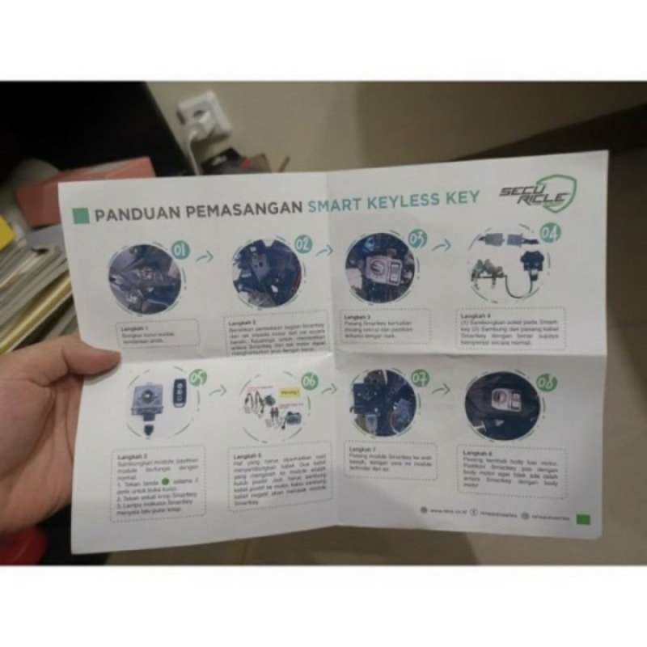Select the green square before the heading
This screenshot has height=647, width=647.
click(80, 215)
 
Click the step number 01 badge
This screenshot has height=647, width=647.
click(181, 250)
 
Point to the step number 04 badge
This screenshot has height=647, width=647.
click(550, 233)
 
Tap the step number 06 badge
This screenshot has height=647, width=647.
click(309, 381)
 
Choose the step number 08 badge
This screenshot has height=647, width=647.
click(546, 382)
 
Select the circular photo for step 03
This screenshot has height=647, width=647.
click(380, 267)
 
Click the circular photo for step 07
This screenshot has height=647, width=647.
click(383, 403)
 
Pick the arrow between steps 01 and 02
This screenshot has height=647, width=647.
click(205, 256)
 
